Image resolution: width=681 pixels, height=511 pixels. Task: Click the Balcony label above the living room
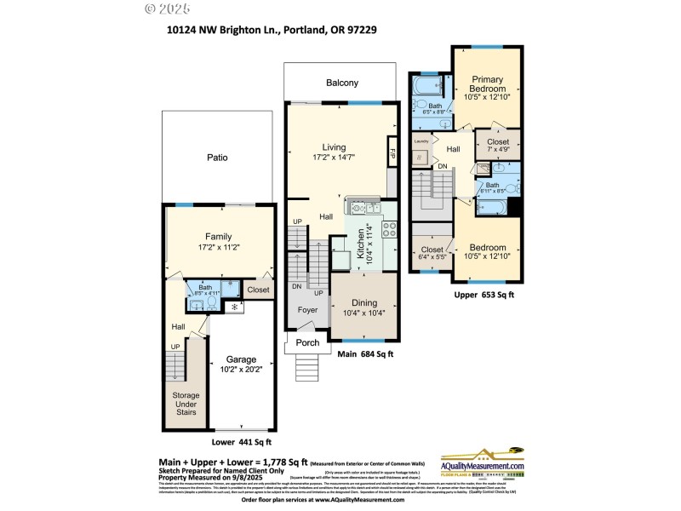coord(342,83)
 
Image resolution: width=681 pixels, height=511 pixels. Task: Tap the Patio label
coord(217,158)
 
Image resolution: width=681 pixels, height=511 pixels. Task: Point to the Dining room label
coord(363,303)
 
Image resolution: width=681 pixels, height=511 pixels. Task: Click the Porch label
coord(307,343)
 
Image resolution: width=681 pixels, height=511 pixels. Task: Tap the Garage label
coord(241,359)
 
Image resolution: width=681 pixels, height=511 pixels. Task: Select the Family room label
coord(218,237)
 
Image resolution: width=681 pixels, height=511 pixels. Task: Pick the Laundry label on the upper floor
coord(420,141)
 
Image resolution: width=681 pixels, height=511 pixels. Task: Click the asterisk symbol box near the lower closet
coord(233,307)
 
